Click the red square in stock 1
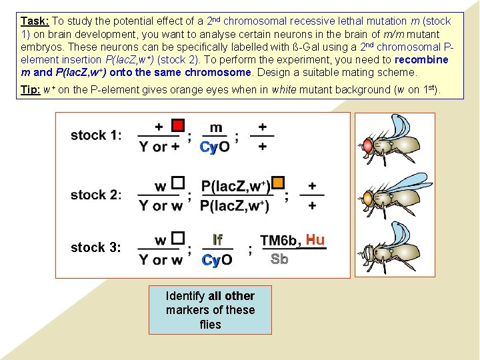[x=177, y=125]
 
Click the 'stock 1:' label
[x=96, y=135]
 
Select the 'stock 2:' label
[x=96, y=195]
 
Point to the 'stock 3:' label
[x=96, y=247]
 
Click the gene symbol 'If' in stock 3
[x=217, y=239]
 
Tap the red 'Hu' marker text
[x=315, y=239]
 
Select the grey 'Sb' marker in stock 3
[x=279, y=259]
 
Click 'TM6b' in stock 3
[x=278, y=241]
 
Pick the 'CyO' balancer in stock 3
[x=217, y=260]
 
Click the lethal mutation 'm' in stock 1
[x=216, y=127]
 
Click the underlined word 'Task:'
[x=35, y=21]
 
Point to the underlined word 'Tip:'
[x=29, y=89]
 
